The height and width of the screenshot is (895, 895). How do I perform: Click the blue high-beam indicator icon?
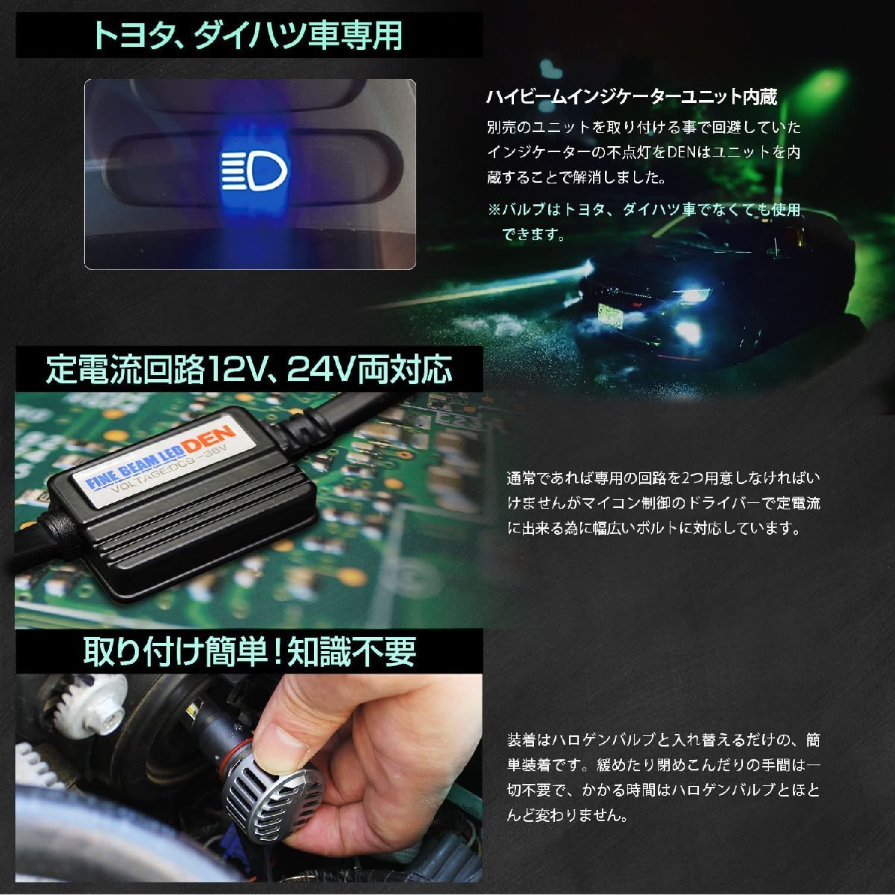pyautogui.click(x=254, y=172)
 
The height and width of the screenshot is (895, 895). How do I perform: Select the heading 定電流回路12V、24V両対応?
pyautogui.click(x=249, y=370)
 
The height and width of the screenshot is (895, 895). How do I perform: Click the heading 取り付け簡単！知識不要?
pyautogui.click(x=249, y=652)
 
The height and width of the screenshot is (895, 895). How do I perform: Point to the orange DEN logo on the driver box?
pyautogui.click(x=209, y=439)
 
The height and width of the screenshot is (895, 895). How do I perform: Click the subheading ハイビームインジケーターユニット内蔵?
pyautogui.click(x=632, y=97)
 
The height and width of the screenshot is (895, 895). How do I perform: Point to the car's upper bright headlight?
pyautogui.click(x=695, y=294)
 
